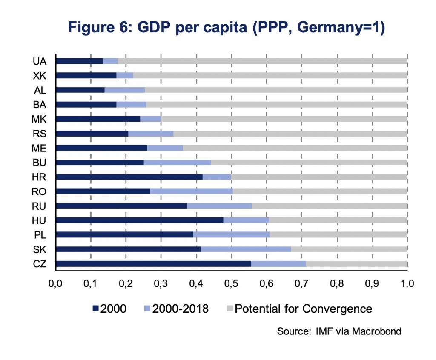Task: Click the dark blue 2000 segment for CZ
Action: [153, 263]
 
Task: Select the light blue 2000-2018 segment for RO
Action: [192, 191]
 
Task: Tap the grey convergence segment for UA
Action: [262, 61]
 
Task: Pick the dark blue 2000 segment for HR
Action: [129, 177]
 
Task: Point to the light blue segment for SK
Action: [246, 249]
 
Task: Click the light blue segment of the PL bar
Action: [231, 234]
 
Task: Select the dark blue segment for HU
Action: [139, 220]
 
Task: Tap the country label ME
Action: [39, 148]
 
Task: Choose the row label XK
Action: [39, 75]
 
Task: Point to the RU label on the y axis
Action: [39, 206]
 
